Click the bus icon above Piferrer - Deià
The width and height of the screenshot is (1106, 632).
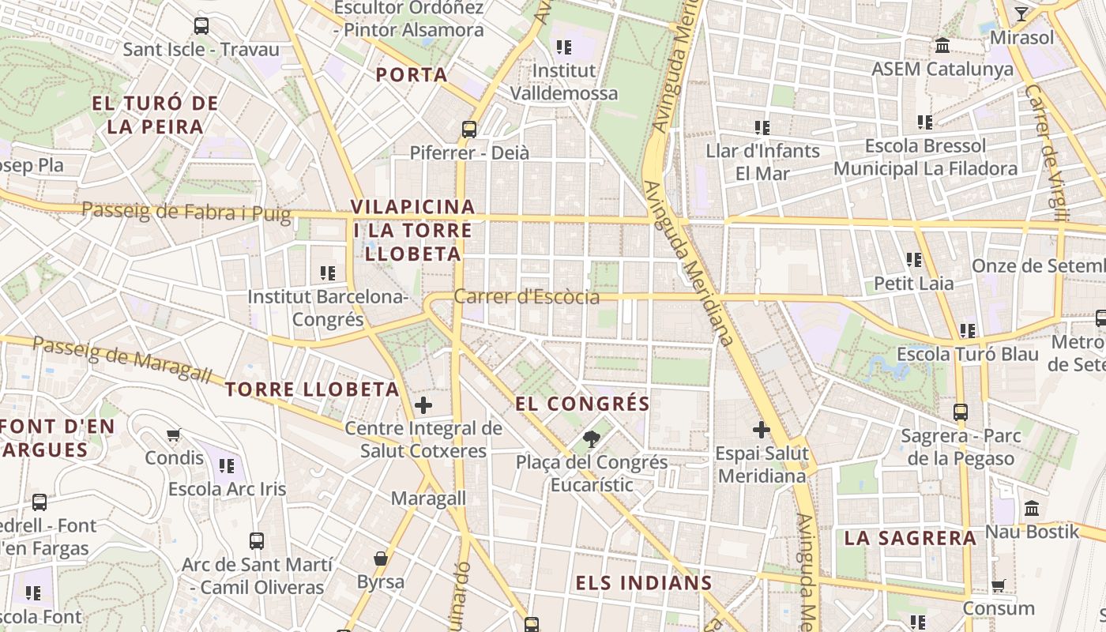point(469,129)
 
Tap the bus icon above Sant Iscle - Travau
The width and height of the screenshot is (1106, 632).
point(201,25)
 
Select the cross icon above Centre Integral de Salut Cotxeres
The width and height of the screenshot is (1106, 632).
point(423,405)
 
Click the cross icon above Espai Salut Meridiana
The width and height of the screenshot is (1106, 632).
point(762,430)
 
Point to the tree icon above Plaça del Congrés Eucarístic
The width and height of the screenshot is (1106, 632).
point(590,438)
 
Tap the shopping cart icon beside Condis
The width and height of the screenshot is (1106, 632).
point(174,434)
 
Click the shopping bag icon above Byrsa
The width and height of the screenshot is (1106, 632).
point(381,559)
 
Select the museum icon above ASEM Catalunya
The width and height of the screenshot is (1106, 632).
point(942,46)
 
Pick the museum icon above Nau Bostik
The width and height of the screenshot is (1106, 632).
point(1032,508)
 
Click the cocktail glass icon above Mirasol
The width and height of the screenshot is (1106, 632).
point(1021,14)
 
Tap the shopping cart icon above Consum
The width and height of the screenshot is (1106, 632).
point(999,585)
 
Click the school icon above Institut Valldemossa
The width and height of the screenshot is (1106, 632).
point(563,47)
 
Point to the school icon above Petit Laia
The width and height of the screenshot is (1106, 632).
point(914,259)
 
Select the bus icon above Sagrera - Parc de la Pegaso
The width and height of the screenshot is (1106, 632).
point(961,412)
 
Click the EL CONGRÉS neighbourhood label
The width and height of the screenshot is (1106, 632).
point(583,404)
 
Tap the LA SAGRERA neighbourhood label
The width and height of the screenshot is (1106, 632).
point(910,539)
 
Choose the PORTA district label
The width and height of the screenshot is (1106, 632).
point(412,75)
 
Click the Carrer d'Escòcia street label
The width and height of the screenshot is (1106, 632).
point(526,297)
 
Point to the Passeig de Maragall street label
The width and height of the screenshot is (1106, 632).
point(122,359)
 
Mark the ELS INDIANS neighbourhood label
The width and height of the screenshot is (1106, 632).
point(644,584)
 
